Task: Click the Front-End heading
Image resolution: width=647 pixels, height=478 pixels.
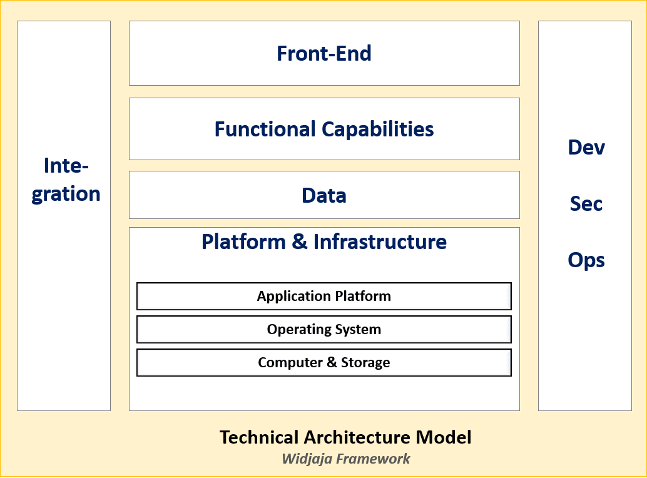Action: [324, 53]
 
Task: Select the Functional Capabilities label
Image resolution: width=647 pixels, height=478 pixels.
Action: [324, 129]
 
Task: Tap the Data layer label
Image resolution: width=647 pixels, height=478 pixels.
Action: [324, 195]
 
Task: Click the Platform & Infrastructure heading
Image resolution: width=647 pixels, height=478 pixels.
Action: [324, 242]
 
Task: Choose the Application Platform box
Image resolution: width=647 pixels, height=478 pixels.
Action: [324, 296]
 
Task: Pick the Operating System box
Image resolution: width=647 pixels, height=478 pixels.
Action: [324, 329]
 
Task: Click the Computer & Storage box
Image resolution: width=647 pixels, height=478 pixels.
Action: [324, 362]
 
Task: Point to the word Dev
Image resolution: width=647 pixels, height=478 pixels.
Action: [586, 148]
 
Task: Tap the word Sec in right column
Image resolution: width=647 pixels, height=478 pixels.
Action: [586, 203]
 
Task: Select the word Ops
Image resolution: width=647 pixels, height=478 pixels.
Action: [586, 260]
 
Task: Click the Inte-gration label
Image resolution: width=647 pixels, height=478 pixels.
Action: [66, 180]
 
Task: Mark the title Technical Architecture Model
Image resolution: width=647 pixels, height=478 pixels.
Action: [345, 437]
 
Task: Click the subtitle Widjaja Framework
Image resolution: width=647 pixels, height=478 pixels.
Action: [345, 459]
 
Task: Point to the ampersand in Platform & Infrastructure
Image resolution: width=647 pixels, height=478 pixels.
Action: [300, 242]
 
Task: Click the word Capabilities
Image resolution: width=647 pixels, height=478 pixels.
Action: [378, 129]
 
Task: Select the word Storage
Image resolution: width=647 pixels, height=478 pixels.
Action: [365, 362]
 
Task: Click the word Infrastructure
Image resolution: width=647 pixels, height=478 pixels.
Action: [380, 242]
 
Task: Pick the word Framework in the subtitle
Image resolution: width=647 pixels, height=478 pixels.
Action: [373, 459]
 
